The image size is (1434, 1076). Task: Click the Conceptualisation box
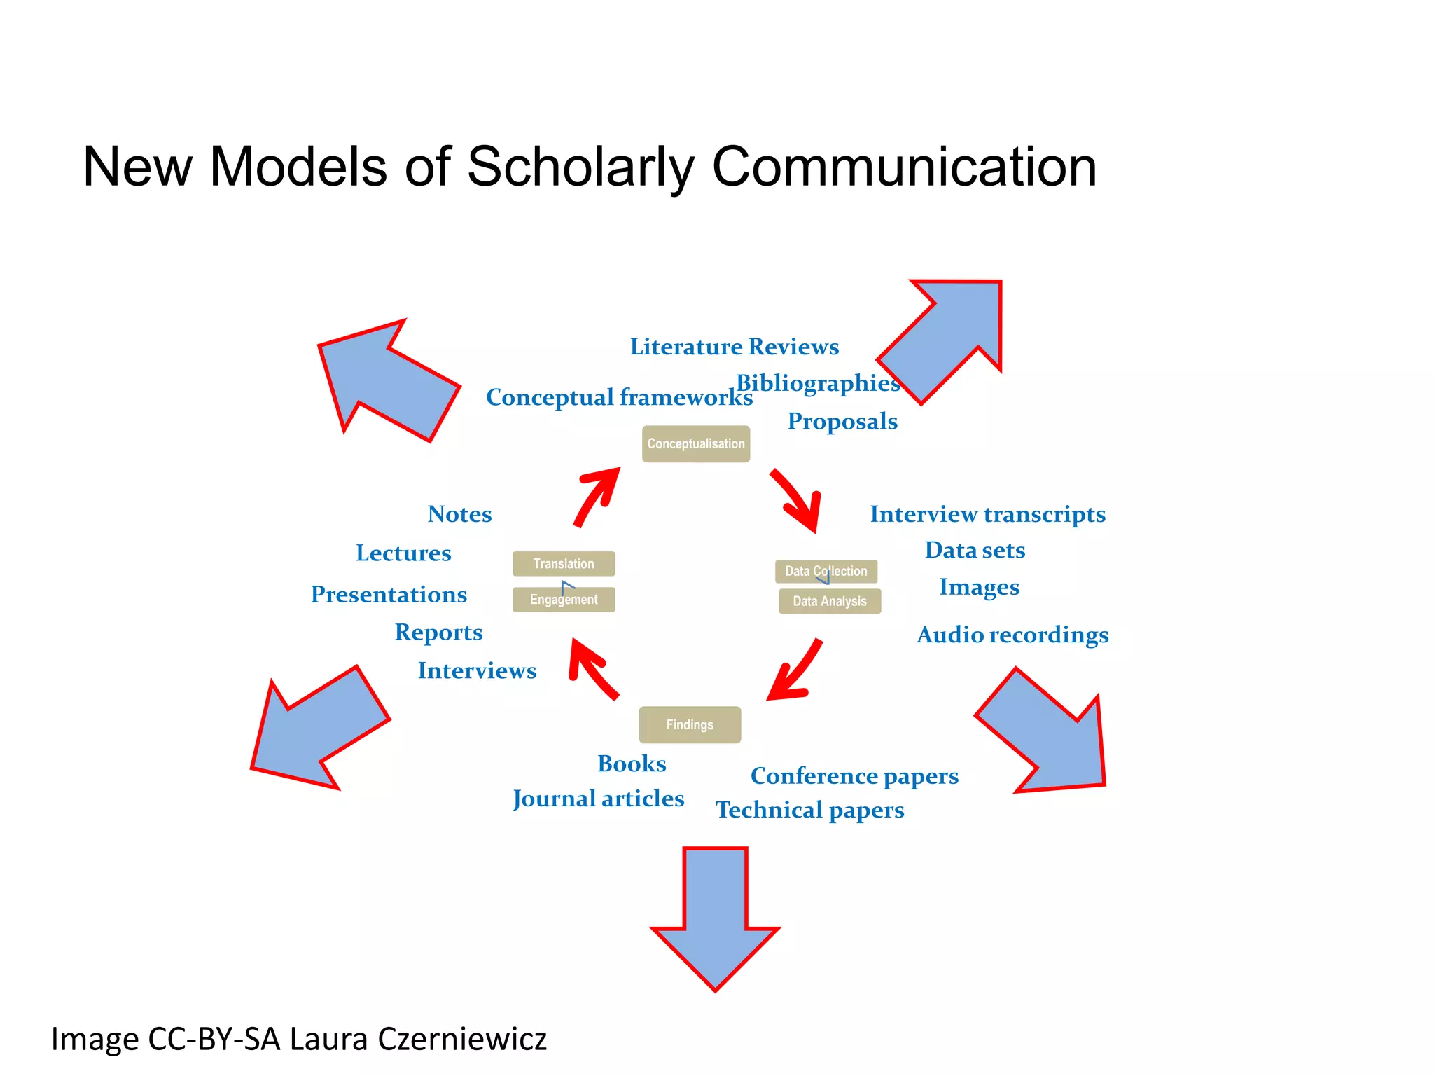click(x=695, y=443)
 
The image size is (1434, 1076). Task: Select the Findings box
click(x=690, y=724)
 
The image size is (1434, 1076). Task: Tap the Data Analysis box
click(x=830, y=601)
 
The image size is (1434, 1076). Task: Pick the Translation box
click(x=564, y=563)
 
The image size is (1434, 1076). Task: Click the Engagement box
click(x=564, y=600)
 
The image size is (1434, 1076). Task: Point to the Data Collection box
click(x=826, y=571)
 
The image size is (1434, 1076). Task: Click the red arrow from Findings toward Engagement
click(x=592, y=669)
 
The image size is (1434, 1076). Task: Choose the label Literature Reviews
click(x=734, y=347)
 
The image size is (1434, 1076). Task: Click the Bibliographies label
click(x=817, y=383)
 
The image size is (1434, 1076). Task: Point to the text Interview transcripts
click(x=987, y=514)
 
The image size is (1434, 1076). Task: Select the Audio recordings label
click(x=1012, y=635)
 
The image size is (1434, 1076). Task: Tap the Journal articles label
click(x=598, y=799)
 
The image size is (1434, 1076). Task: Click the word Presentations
click(x=389, y=594)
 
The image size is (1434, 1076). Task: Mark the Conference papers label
click(x=854, y=776)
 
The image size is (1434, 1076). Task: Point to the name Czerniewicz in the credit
click(x=462, y=1039)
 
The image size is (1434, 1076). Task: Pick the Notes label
click(x=459, y=514)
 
